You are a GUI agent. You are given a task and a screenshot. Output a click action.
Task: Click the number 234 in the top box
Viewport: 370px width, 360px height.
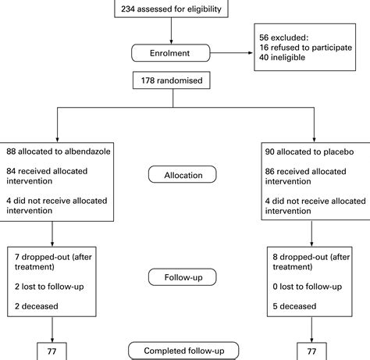click(x=128, y=9)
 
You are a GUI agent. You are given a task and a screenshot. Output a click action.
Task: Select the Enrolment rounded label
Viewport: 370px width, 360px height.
click(x=170, y=53)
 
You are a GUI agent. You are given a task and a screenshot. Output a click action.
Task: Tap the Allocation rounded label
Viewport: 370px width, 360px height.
click(x=183, y=174)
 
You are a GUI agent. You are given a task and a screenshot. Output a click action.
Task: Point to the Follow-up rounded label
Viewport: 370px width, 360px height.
click(x=183, y=277)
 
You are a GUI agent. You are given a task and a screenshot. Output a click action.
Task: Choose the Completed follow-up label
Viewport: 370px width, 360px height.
click(x=183, y=351)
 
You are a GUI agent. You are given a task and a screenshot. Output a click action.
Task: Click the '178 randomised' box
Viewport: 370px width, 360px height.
click(x=172, y=80)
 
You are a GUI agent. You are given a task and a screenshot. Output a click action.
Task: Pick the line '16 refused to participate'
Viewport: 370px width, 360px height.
click(x=305, y=48)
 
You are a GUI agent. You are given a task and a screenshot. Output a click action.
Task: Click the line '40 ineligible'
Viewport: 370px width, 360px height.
click(x=282, y=57)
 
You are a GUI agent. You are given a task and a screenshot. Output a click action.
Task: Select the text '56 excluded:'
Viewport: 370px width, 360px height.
click(x=283, y=37)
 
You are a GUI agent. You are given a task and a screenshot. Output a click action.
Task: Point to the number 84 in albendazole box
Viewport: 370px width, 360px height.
click(x=11, y=171)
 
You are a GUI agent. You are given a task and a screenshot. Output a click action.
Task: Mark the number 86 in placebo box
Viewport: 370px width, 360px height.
click(x=270, y=171)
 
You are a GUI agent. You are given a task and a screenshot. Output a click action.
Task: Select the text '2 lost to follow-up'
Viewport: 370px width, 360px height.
click(x=49, y=287)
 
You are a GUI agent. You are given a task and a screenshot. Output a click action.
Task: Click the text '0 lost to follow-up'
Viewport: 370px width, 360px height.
click(x=308, y=287)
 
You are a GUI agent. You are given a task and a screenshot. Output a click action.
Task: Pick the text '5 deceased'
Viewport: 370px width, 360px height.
click(x=294, y=306)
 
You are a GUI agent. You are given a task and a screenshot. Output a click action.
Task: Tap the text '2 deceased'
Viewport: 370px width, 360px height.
click(x=37, y=306)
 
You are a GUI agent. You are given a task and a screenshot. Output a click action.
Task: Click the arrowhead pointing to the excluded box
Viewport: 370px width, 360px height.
click(x=251, y=53)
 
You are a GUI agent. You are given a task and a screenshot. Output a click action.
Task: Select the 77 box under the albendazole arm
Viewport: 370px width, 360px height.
click(x=52, y=351)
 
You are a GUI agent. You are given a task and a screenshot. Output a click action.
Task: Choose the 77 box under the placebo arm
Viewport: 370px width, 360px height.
click(x=311, y=351)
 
